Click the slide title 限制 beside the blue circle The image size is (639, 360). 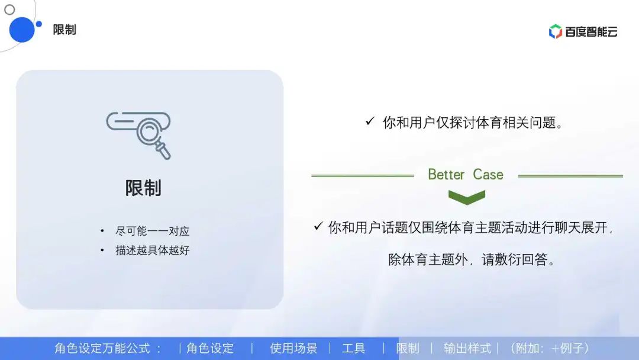click(64, 30)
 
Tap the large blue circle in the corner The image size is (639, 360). click(22, 30)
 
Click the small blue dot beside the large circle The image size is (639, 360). click(39, 24)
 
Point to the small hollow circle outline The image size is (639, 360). click(9, 9)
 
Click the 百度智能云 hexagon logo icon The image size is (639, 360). click(555, 31)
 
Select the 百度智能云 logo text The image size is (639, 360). click(591, 32)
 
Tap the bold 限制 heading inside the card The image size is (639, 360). click(143, 188)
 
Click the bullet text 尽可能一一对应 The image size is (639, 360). click(152, 232)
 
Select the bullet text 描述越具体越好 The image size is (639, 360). click(152, 250)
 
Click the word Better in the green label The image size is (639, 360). click(446, 175)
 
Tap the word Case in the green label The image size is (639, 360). click(488, 175)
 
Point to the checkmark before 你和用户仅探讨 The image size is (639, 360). click(370, 121)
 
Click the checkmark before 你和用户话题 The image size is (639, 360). click(318, 226)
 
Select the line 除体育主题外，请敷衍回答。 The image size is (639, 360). click(472, 260)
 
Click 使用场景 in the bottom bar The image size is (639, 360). click(293, 348)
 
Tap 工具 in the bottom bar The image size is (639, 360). click(354, 348)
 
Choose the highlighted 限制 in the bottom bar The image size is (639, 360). click(408, 348)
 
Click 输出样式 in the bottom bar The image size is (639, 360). click(467, 348)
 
